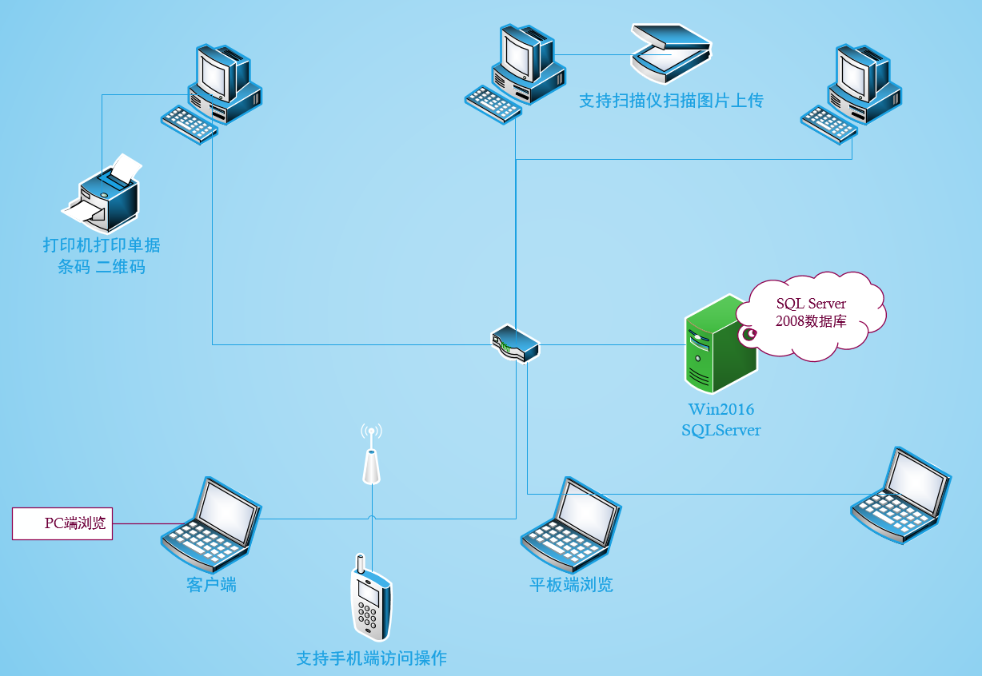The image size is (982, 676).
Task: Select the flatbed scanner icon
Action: (x=670, y=52)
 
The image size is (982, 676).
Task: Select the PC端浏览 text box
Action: (x=62, y=523)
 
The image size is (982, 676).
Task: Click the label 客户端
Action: (x=212, y=585)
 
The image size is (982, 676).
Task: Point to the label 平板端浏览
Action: (x=571, y=585)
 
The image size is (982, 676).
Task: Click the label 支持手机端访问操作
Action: (x=371, y=658)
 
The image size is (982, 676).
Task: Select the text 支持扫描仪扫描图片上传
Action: (x=671, y=101)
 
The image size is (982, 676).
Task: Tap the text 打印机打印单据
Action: (x=102, y=245)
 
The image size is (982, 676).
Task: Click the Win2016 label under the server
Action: (x=721, y=410)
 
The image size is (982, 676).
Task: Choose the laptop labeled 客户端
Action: (x=211, y=523)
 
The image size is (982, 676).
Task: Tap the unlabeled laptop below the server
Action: (x=901, y=495)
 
